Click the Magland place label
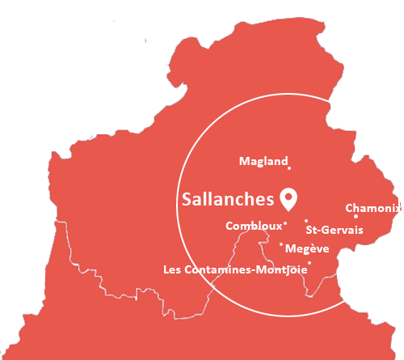coord(263,162)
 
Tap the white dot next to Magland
coord(289,168)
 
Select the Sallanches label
coord(229,198)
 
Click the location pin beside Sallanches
coord(288,197)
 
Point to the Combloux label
coord(255,226)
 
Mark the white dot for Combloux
coord(285,224)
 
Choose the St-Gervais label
coord(335,231)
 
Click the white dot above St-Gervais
coord(306,220)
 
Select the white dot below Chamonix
coord(356,216)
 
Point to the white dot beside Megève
coord(281,244)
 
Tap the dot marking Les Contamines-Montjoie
coord(309,262)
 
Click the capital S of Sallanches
coord(188,198)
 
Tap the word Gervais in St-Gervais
coord(346,231)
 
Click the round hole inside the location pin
coord(288,195)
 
